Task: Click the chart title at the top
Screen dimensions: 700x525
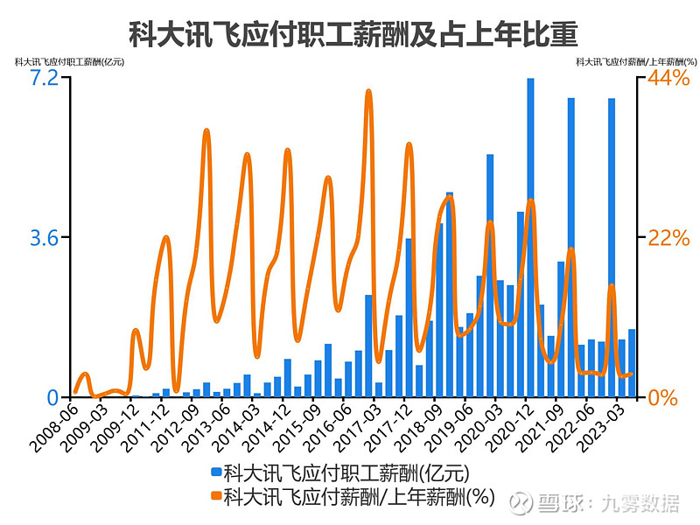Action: [x=353, y=34]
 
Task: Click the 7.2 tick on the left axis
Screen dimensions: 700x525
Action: [x=45, y=78]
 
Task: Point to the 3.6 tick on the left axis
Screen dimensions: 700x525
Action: [x=45, y=238]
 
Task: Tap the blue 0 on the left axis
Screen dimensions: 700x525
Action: [x=53, y=397]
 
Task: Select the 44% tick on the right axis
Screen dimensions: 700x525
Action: [x=668, y=78]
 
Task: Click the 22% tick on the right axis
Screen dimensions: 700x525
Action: [x=668, y=238]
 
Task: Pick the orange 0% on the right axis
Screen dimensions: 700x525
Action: [x=662, y=397]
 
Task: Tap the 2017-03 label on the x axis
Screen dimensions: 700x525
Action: [x=357, y=428]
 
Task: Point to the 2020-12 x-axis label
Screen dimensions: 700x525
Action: [x=508, y=428]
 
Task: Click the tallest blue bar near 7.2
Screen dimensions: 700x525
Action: [x=530, y=237]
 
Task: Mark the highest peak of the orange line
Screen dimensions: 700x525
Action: [x=368, y=92]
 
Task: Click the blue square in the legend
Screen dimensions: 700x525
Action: [x=216, y=472]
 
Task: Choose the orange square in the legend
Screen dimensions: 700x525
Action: [x=216, y=495]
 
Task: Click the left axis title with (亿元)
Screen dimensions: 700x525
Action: [x=69, y=62]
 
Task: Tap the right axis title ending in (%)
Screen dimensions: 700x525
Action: [x=636, y=62]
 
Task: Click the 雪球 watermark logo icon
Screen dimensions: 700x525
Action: [x=521, y=503]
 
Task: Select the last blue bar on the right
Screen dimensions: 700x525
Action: [x=632, y=363]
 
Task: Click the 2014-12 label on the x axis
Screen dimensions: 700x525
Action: [x=266, y=428]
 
